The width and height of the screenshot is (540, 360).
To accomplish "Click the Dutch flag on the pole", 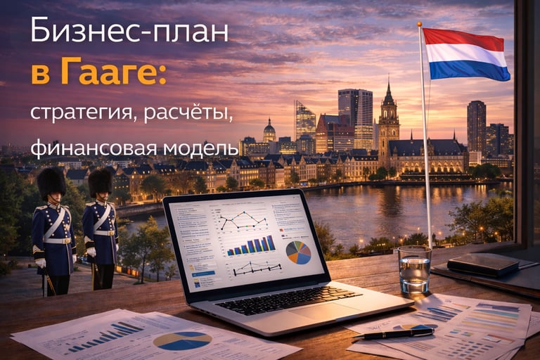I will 465,54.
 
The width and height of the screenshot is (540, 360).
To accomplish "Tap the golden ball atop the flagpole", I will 420,25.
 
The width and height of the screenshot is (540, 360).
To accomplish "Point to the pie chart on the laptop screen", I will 298,252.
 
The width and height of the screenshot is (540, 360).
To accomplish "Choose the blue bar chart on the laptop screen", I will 250,245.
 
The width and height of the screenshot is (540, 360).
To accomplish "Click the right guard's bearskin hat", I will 100,182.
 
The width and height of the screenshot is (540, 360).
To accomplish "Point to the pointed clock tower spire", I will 388,94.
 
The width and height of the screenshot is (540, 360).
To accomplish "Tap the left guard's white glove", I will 40,262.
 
